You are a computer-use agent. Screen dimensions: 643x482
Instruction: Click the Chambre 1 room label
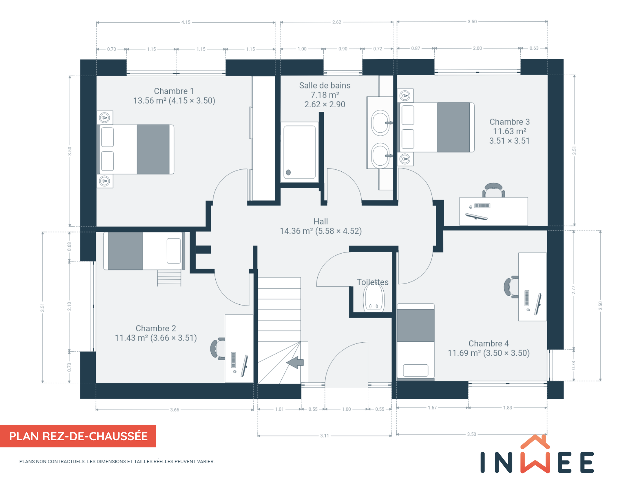coord(174,91)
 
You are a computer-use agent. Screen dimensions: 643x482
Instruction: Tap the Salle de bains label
coord(325,85)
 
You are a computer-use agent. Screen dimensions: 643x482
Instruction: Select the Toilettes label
coord(373,282)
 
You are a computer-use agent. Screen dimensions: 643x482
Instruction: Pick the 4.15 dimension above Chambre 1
coord(186,22)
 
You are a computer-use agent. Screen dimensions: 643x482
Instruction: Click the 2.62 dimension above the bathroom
coord(337,22)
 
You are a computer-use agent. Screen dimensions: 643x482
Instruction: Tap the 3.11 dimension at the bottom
coord(325,436)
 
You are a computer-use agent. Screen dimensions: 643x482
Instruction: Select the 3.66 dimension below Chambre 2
coord(175,410)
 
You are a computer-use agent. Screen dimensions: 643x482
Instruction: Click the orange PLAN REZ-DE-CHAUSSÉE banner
coord(78,436)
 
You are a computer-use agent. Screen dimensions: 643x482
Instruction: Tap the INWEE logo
coord(537,455)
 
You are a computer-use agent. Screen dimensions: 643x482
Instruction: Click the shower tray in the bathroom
coord(300,152)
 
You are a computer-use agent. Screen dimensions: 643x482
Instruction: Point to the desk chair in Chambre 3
coord(494,189)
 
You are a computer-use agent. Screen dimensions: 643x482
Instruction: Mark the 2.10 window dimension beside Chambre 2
coord(69,306)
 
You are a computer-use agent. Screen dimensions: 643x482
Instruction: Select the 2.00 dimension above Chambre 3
coord(477,48)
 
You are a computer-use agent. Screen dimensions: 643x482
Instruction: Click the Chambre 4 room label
coord(489,344)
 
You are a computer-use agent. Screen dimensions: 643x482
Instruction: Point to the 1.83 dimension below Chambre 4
coord(507,408)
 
